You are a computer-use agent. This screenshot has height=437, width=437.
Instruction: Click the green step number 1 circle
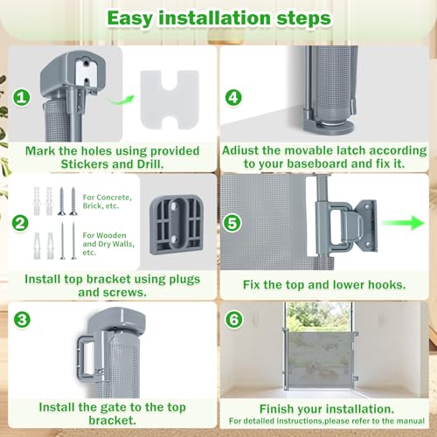(22, 97)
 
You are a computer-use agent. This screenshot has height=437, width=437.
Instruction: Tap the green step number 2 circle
(20, 224)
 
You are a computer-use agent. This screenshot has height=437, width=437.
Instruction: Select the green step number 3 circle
(22, 320)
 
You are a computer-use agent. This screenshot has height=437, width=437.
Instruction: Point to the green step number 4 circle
(233, 98)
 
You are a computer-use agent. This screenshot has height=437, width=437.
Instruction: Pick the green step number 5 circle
(232, 224)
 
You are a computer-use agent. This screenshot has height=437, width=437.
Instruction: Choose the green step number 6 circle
(233, 320)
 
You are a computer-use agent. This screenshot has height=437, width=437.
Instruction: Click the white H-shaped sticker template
(170, 100)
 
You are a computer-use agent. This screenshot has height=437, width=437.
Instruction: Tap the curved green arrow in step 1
(121, 101)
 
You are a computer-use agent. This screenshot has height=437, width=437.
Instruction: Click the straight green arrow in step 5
(403, 223)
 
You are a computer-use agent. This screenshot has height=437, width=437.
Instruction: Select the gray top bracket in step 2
(177, 225)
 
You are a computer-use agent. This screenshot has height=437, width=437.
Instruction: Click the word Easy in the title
(130, 18)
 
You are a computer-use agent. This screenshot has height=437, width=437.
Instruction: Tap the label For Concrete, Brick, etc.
(107, 201)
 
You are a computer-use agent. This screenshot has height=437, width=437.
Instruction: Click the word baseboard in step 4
(317, 163)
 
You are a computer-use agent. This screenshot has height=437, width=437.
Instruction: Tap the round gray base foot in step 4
(329, 127)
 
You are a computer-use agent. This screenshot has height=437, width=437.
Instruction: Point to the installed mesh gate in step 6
(321, 360)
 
